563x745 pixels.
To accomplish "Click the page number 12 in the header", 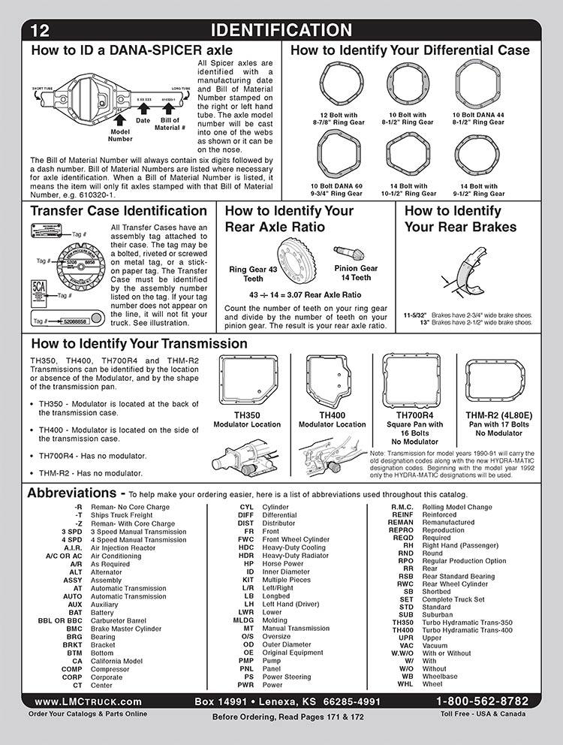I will pos(41,31).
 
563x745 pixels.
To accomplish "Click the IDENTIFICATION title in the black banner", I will pos(281,30).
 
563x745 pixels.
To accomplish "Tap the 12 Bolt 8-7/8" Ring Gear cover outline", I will pos(338,85).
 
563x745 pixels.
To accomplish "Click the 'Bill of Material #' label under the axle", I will pos(170,124).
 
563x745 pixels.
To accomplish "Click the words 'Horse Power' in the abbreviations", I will pos(282,564).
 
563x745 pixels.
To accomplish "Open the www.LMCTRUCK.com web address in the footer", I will pos(88,701).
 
